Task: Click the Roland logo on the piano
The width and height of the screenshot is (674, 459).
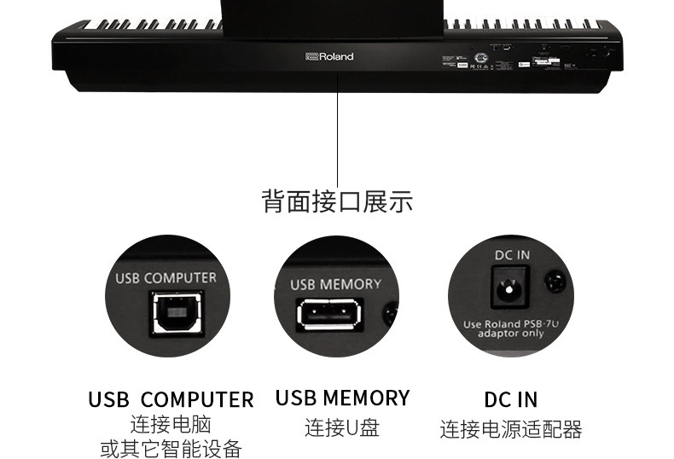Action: tap(328, 57)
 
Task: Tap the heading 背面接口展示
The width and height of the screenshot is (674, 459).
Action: tap(337, 202)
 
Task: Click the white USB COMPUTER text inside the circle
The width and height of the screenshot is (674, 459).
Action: tap(166, 278)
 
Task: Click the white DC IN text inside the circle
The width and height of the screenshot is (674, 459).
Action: tap(512, 254)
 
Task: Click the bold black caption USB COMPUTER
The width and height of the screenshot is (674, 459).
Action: tap(171, 399)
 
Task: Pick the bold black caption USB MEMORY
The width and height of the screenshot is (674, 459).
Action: tap(342, 398)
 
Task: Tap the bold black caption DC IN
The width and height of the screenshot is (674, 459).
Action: tap(511, 399)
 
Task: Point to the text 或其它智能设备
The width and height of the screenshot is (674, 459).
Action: tap(171, 449)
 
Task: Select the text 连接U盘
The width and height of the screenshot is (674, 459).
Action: tap(342, 427)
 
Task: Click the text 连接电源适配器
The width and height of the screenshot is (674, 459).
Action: tap(511, 429)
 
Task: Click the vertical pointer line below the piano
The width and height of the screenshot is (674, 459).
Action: tap(338, 128)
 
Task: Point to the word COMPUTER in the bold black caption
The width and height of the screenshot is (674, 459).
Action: tap(197, 399)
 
